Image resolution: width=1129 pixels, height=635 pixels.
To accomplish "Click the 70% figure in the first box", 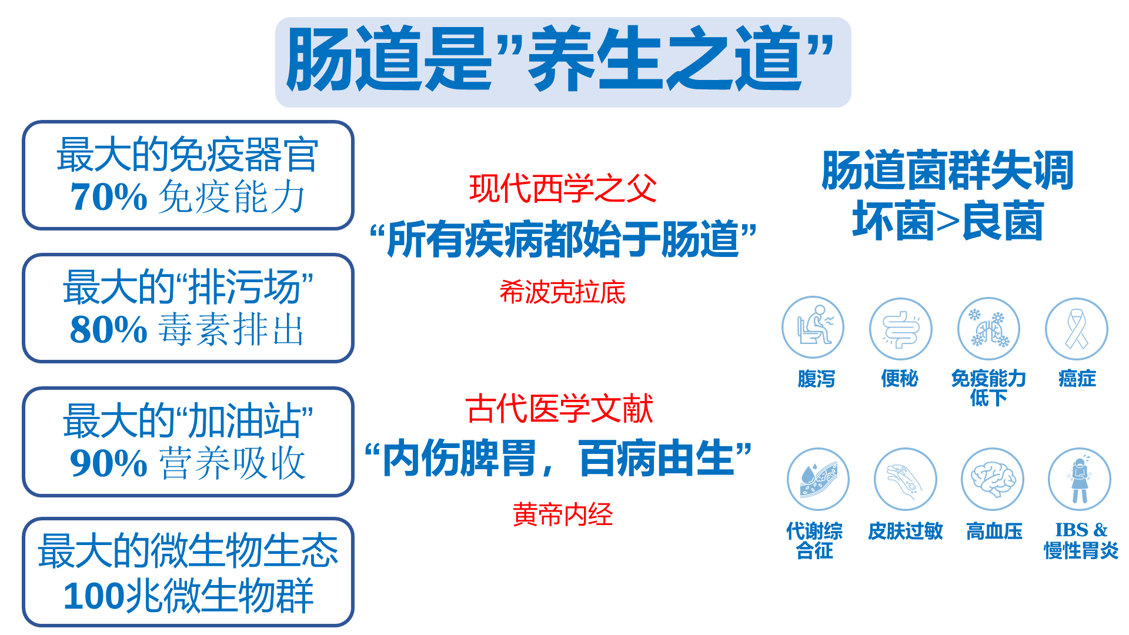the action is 109,196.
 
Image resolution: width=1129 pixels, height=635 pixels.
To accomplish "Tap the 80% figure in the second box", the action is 109,329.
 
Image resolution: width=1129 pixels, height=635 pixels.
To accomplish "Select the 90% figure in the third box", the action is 109,463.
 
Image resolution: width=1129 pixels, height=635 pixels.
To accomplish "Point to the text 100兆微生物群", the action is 188,596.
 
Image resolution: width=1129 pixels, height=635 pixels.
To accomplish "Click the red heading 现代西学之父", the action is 563,189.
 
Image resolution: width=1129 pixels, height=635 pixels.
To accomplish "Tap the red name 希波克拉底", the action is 563,292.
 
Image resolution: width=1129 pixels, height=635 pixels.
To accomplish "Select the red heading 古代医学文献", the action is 559,409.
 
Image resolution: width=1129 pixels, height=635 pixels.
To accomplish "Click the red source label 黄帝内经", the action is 563,514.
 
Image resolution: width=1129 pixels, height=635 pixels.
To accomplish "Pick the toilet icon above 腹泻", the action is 813,327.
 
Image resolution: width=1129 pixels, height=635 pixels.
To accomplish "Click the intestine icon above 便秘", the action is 901,329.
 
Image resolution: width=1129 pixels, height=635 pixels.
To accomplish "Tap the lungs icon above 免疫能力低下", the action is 988,329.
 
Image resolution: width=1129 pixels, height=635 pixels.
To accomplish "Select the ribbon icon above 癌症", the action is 1077,329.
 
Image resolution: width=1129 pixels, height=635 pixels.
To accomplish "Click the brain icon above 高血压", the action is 993,479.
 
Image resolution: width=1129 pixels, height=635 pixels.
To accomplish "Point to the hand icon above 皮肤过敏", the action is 906,479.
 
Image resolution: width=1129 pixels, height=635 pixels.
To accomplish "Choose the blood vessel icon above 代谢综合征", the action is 819,479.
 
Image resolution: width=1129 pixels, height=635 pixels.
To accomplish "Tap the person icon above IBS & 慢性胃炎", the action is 1080,479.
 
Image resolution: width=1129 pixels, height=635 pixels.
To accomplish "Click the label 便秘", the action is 900,379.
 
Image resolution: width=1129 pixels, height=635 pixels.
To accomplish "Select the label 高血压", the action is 994,532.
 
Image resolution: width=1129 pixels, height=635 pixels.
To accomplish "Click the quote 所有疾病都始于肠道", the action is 563,239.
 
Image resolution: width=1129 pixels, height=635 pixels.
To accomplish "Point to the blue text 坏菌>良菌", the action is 948,221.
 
